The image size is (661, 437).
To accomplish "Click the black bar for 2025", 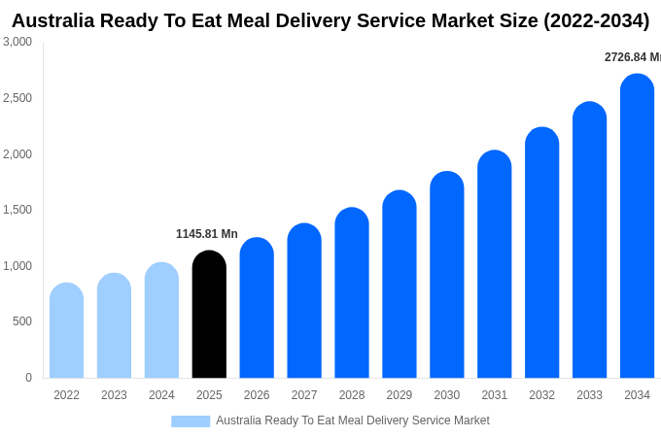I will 209,315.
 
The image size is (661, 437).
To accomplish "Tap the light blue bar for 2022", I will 66,331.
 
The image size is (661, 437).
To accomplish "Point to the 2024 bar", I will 161,320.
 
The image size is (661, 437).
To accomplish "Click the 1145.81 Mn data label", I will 206,234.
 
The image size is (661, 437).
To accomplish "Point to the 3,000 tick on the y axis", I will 17,42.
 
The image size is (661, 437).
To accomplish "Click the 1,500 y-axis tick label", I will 17,210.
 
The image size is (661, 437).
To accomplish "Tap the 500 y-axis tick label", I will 21,321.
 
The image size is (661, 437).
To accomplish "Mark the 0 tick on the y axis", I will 28,378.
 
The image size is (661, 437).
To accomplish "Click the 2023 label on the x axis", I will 114,395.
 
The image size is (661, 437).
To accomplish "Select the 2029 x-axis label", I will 399,395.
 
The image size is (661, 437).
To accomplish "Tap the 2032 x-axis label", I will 541,395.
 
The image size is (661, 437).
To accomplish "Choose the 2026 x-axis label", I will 257,395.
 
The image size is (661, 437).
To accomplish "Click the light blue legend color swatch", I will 191,421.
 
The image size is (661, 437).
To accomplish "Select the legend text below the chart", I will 353,420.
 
